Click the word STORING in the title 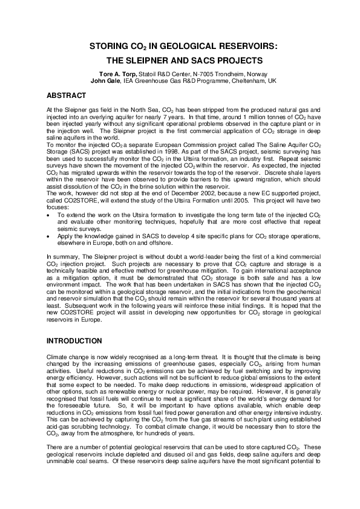(109, 46)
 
